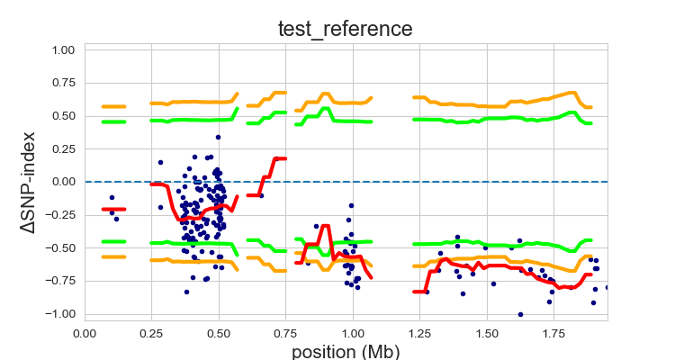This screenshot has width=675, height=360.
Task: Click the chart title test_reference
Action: coord(346,29)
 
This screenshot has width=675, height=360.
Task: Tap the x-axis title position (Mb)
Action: coord(346,349)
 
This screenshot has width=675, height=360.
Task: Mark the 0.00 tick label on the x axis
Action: coord(85,331)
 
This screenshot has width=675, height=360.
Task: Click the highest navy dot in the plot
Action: coord(218,137)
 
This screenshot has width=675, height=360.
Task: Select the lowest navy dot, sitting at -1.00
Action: coord(520,314)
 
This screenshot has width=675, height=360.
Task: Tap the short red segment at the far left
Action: coord(113,209)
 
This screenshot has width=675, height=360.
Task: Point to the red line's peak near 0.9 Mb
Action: coord(325,226)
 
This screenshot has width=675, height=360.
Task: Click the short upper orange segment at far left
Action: coord(113,106)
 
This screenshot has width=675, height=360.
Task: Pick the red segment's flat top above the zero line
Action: coord(279,158)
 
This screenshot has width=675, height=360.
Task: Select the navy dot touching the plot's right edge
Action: coord(607,287)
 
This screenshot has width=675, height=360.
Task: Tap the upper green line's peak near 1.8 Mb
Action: coord(571,112)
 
